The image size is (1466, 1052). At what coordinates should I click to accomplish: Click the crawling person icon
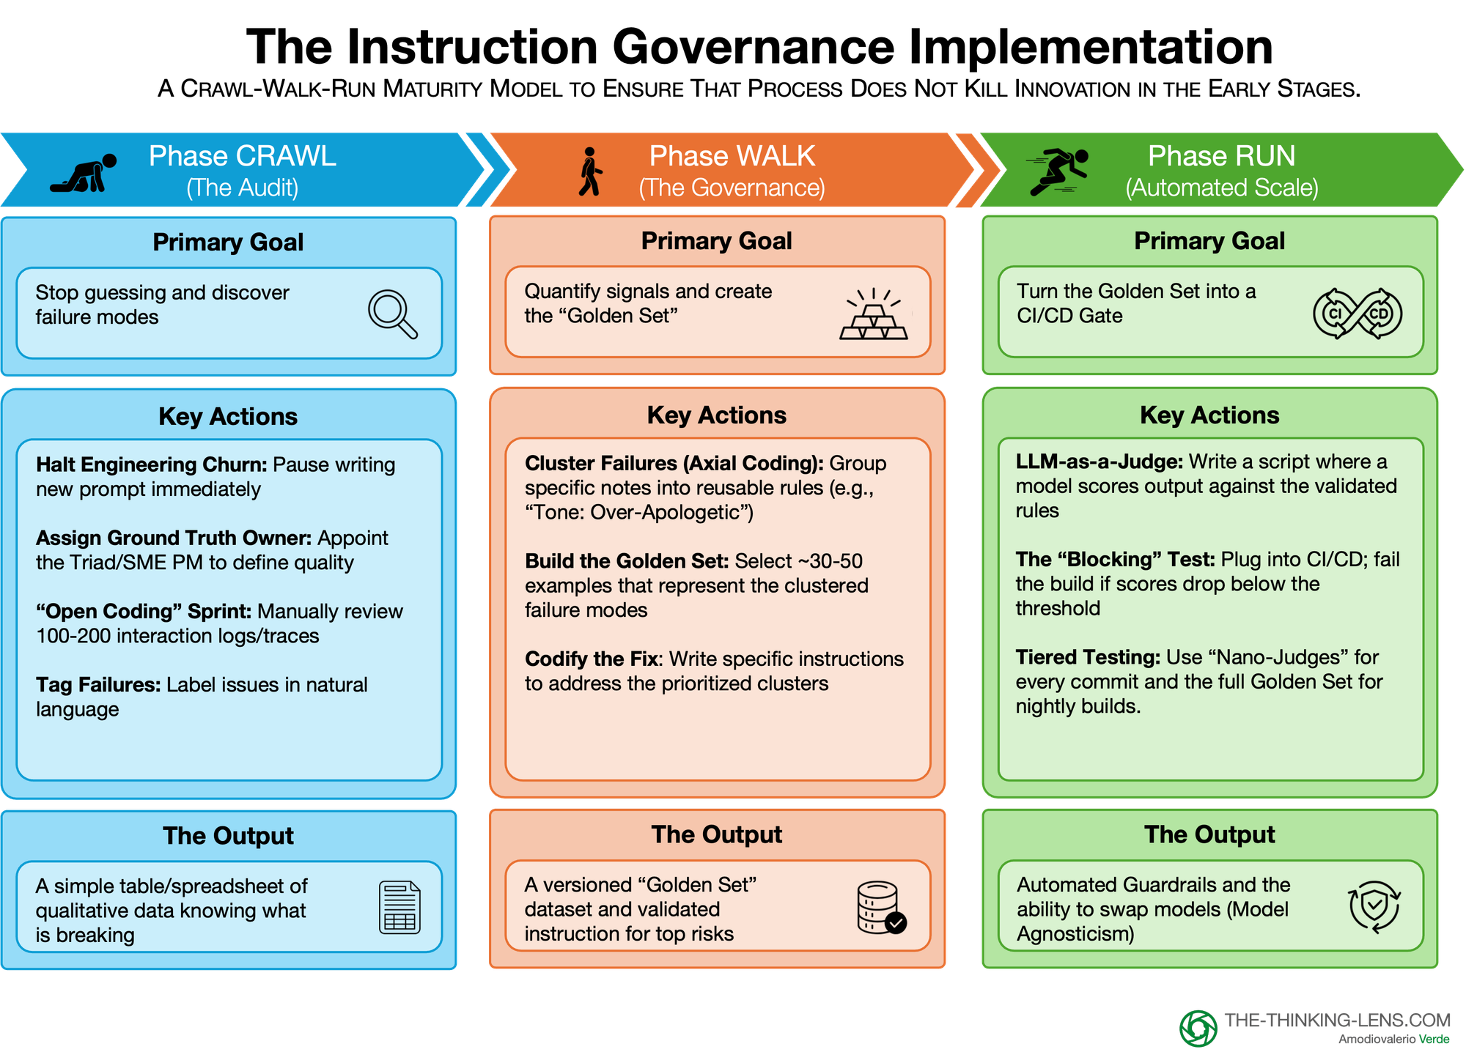(x=84, y=173)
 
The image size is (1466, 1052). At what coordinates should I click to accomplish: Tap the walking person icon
(x=590, y=171)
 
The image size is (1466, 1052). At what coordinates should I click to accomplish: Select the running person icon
(x=1058, y=171)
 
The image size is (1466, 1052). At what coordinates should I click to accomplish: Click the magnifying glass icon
(x=392, y=314)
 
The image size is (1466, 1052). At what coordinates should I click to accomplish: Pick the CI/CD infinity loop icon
(x=1357, y=314)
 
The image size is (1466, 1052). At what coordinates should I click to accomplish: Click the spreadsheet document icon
(x=399, y=908)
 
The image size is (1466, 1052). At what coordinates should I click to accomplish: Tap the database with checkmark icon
(x=880, y=908)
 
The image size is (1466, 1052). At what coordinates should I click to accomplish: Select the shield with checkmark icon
(x=1374, y=907)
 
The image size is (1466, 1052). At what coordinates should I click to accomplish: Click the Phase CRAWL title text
(x=242, y=156)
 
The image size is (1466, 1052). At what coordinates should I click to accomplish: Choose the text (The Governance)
(x=732, y=188)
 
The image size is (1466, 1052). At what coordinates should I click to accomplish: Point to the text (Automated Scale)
(x=1221, y=188)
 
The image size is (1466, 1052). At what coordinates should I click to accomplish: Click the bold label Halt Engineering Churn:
(x=152, y=464)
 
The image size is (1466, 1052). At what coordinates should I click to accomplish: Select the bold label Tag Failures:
(x=98, y=685)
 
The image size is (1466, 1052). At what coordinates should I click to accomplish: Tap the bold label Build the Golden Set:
(x=627, y=561)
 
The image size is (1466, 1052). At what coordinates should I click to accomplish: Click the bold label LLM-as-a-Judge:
(x=1099, y=462)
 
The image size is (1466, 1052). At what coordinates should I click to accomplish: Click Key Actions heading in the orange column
(x=716, y=415)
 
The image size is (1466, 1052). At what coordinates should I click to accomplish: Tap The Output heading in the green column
(x=1209, y=834)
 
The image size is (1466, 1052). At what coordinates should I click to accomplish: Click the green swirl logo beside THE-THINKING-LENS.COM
(x=1198, y=1028)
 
